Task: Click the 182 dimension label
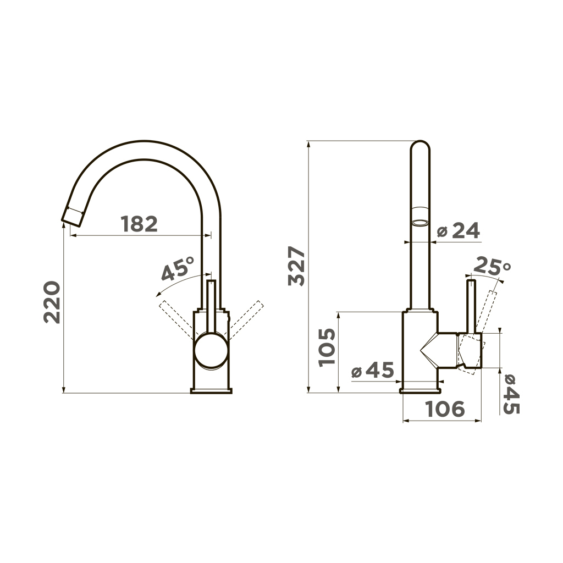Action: tap(139, 224)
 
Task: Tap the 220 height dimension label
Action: tap(52, 302)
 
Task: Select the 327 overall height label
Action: tap(296, 266)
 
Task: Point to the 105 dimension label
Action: tap(327, 347)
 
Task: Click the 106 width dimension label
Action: tap(444, 409)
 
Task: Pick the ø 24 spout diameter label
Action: tap(459, 230)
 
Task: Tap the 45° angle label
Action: tap(178, 269)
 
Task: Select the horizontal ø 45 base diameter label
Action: tap(372, 369)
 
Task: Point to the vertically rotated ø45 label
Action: tap(511, 394)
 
